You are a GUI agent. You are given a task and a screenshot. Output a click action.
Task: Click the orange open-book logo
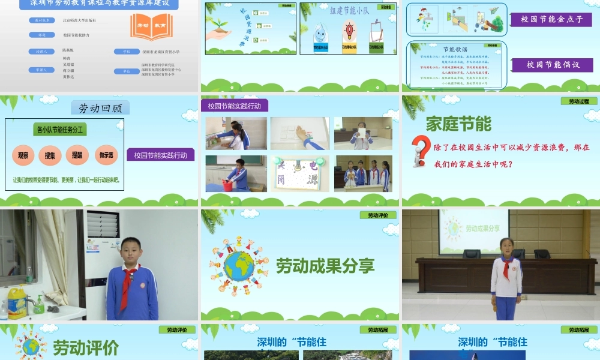(x=151, y=26)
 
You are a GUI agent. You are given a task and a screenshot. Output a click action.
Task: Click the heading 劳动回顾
(x=100, y=108)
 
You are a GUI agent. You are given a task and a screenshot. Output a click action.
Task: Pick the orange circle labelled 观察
(x=23, y=155)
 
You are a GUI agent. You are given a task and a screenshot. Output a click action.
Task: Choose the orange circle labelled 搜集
(x=50, y=155)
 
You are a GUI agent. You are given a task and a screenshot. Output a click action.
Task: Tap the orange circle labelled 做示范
(x=106, y=155)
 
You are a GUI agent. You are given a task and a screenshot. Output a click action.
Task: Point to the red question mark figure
(x=422, y=152)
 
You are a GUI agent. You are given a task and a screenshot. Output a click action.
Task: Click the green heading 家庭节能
(x=458, y=124)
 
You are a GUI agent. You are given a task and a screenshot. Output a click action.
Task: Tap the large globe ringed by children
(x=238, y=265)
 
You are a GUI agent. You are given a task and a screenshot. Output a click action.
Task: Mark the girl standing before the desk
(x=506, y=278)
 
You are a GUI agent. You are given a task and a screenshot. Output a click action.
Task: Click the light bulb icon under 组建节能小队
(x=348, y=31)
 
